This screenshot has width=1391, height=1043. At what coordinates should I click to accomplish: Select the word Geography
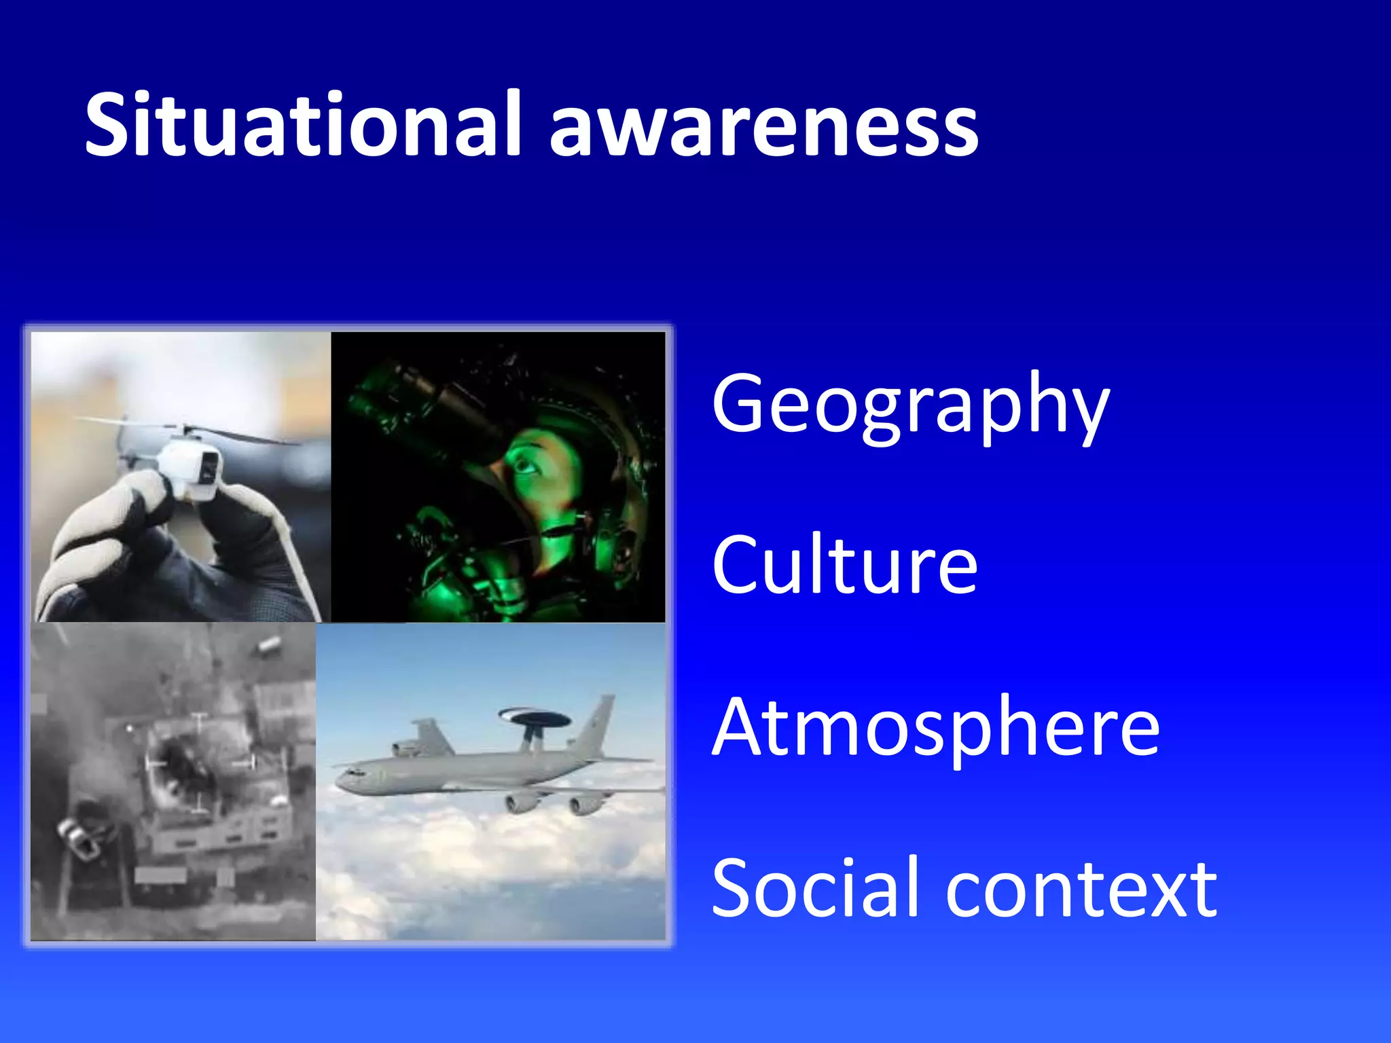tap(910, 406)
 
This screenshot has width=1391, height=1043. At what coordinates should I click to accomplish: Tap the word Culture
tap(844, 565)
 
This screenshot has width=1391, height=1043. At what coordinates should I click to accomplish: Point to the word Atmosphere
tap(935, 728)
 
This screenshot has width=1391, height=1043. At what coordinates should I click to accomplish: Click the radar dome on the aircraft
tap(534, 716)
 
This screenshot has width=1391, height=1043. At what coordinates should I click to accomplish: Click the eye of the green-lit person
tap(523, 466)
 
